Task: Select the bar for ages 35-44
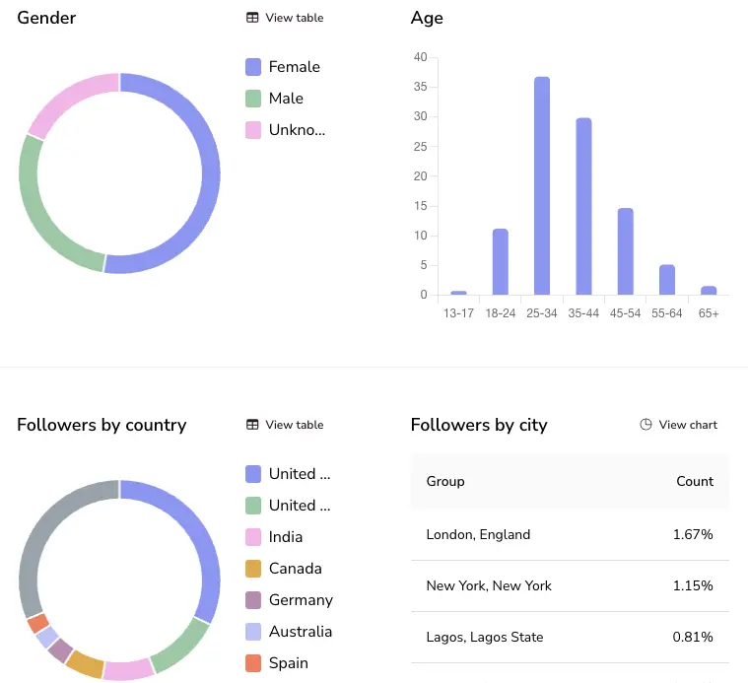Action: click(x=583, y=206)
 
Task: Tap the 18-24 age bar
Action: click(x=500, y=261)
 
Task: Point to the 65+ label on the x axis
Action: click(x=708, y=312)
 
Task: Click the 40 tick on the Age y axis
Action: click(x=420, y=57)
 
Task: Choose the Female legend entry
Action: click(x=294, y=67)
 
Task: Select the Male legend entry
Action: click(x=286, y=99)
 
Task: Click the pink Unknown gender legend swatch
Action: click(x=253, y=130)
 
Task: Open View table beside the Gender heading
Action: click(x=285, y=18)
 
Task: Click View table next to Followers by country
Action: click(x=285, y=425)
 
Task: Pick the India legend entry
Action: click(x=285, y=537)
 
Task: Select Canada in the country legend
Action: click(x=295, y=569)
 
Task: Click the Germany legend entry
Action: click(x=301, y=600)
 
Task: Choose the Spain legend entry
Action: click(x=288, y=663)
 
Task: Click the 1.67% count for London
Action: click(x=693, y=534)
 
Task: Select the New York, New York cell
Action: click(x=489, y=585)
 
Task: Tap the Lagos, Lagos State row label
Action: click(x=485, y=637)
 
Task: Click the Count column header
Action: click(x=694, y=481)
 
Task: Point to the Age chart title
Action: click(x=427, y=18)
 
